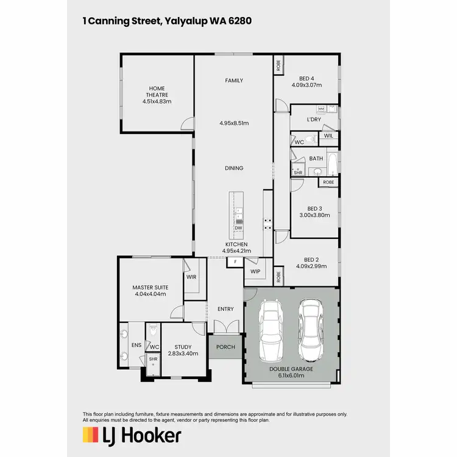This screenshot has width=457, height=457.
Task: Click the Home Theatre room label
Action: (156, 94)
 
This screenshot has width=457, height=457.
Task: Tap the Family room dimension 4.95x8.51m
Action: (234, 123)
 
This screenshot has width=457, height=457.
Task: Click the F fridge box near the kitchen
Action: (234, 262)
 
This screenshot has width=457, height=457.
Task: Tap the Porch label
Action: (225, 347)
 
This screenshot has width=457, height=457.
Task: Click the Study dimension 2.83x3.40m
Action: (183, 353)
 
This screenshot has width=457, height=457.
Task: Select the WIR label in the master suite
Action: (191, 277)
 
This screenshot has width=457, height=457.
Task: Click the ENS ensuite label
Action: (136, 345)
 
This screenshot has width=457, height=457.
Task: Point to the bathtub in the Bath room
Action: (333, 165)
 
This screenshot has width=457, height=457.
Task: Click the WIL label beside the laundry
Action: (328, 136)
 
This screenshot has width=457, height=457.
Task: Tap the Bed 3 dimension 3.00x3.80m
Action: (314, 215)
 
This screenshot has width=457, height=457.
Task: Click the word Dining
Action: (234, 168)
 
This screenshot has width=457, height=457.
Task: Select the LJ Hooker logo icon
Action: (91, 435)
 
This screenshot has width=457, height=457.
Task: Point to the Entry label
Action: (225, 309)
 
